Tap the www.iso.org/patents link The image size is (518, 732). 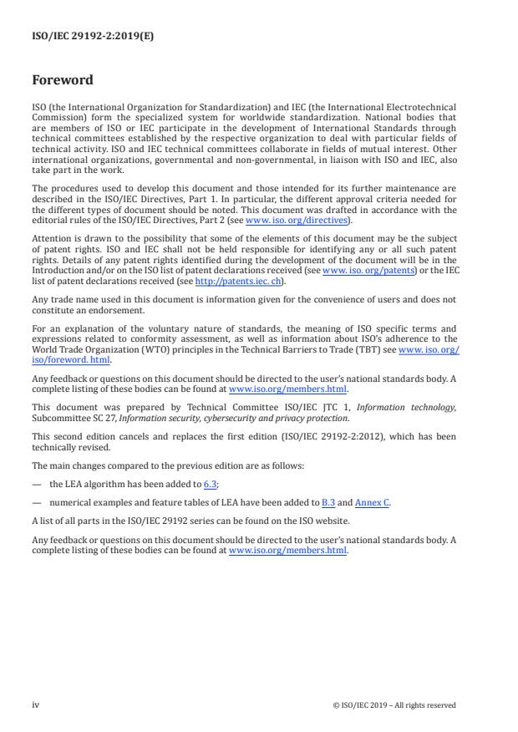tap(365, 271)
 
